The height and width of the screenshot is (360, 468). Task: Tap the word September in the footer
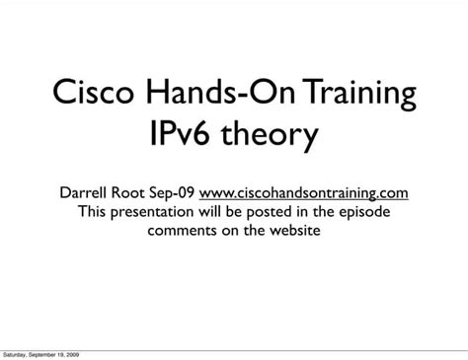[45, 353]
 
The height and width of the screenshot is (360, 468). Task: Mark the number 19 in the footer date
[62, 353]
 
